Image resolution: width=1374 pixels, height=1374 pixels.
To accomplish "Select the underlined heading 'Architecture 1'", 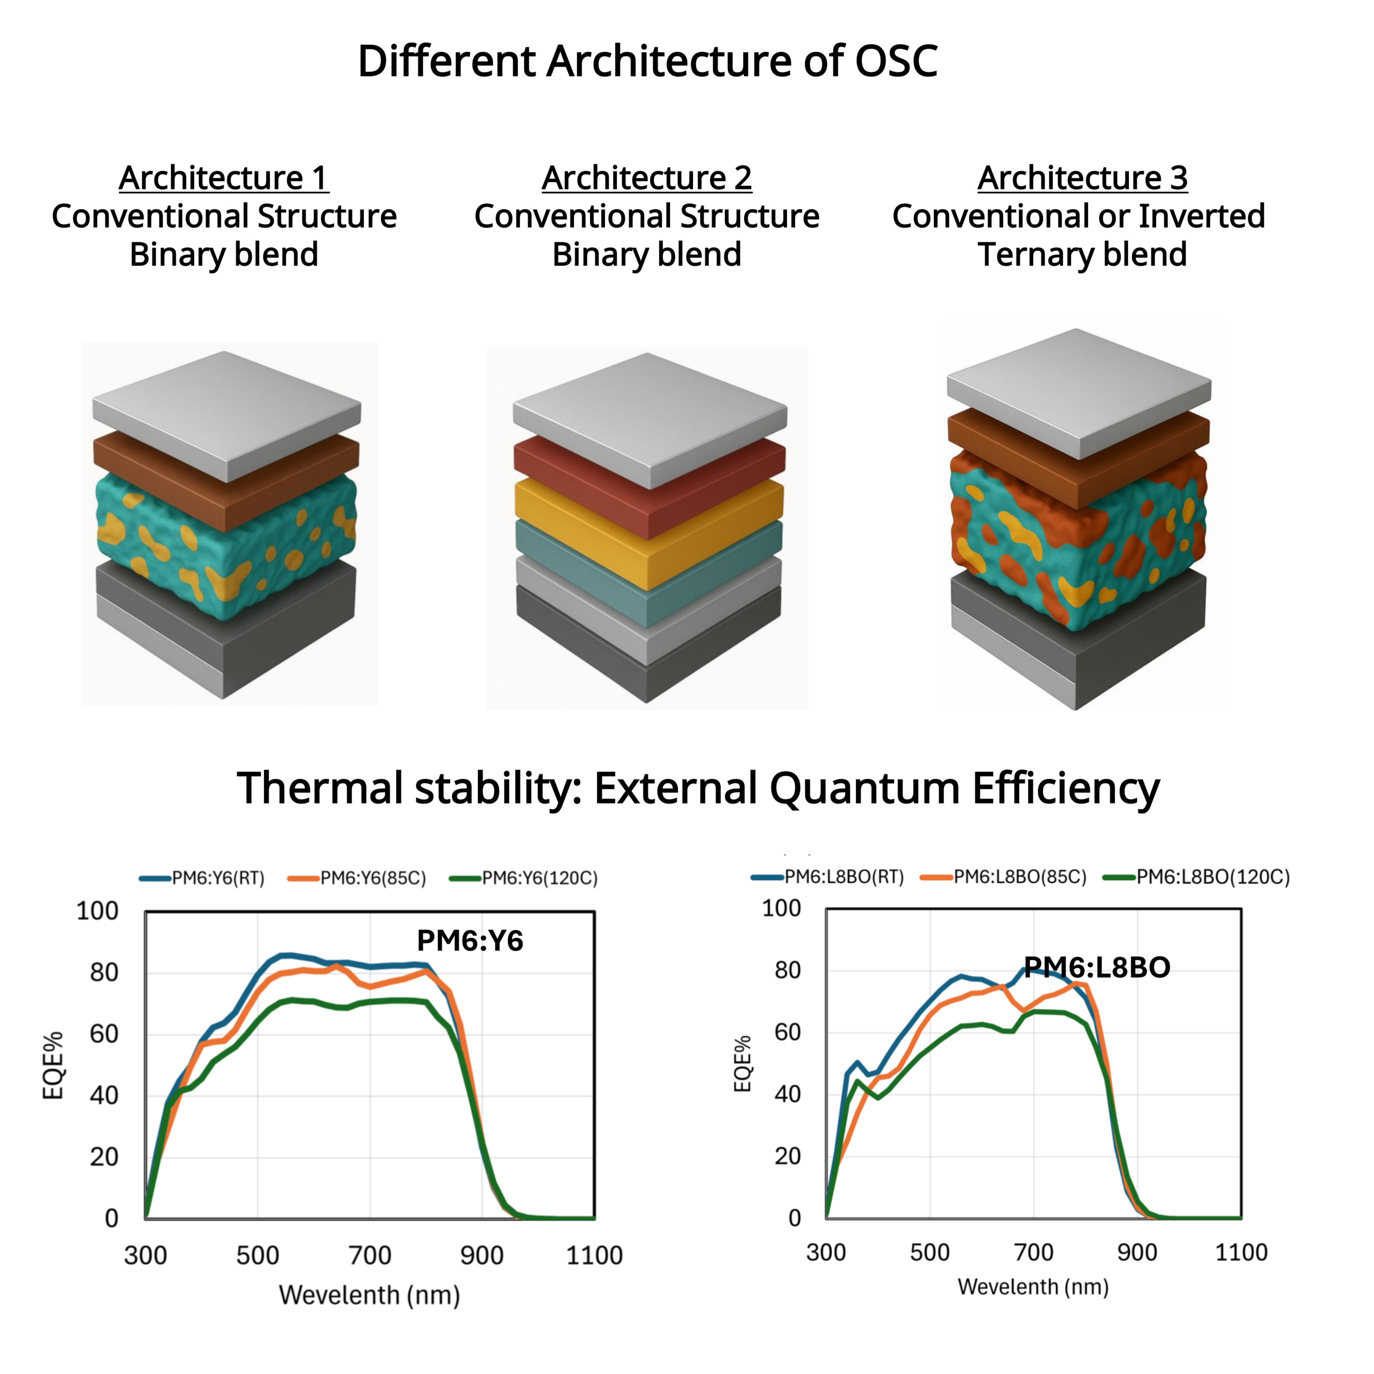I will coord(223,178).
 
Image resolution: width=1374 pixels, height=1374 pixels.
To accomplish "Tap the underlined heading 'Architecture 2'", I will coord(646,178).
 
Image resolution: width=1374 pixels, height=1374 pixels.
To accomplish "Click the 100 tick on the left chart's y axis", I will coord(97,911).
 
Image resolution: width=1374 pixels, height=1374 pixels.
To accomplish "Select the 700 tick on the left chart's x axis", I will coord(370,1255).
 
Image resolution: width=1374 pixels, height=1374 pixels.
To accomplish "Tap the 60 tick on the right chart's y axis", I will coord(787,1032).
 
